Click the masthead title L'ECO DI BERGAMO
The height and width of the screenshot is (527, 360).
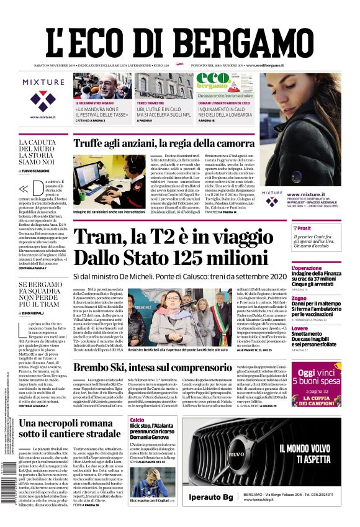(179, 32)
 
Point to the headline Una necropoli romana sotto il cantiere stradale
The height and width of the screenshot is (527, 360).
(70, 428)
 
